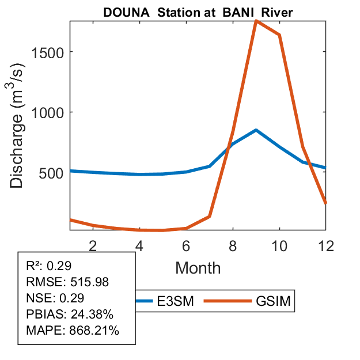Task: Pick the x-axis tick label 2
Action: (93, 245)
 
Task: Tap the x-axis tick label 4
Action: (139, 245)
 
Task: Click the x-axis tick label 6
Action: (186, 245)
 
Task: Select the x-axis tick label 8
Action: (233, 245)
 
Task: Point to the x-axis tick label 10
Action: (279, 245)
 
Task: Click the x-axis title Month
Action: (198, 268)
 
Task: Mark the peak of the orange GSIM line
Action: (256, 21)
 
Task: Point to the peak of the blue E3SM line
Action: (256, 130)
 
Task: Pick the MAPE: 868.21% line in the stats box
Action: (73, 331)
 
